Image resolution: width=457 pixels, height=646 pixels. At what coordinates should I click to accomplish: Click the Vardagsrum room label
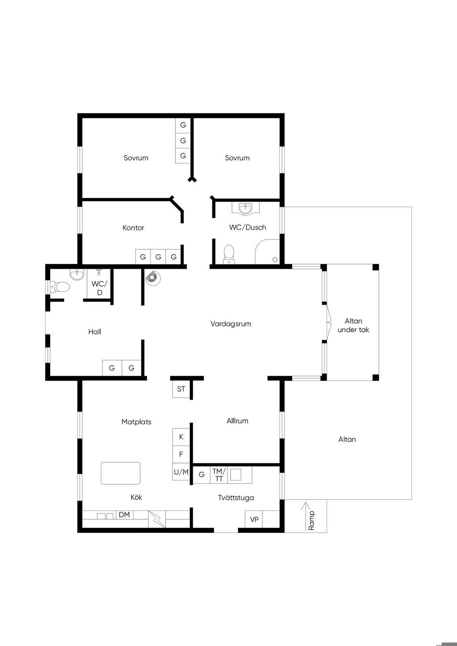tap(231, 324)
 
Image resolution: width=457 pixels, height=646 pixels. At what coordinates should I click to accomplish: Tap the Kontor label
tap(133, 228)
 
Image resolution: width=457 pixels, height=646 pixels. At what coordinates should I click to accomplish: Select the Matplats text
tap(136, 422)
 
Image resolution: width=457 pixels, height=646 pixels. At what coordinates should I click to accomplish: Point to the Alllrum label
tap(237, 421)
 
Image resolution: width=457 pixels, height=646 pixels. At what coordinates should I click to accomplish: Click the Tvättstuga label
tap(236, 497)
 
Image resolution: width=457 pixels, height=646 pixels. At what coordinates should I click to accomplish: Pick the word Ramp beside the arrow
tap(311, 520)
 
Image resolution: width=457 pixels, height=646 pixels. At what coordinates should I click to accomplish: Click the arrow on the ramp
tap(306, 516)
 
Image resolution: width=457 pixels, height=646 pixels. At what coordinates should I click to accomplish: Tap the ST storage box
tap(181, 389)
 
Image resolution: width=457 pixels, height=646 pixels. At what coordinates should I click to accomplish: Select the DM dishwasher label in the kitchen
tap(124, 514)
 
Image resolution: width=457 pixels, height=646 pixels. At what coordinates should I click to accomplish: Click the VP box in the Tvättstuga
tap(253, 519)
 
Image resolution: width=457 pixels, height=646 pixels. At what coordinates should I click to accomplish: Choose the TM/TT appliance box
tap(219, 475)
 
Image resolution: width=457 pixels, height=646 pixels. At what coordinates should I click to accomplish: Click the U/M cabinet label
tap(181, 472)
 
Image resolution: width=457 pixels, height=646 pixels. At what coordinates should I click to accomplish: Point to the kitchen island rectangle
tap(120, 473)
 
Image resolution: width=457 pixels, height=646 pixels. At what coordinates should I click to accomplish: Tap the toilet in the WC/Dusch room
tap(229, 254)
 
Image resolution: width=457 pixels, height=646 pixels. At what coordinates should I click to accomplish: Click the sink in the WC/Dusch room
tap(245, 208)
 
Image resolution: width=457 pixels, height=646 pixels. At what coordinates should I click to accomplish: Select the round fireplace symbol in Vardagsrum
tap(152, 278)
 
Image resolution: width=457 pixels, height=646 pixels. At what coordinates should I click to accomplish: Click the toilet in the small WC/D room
tap(60, 287)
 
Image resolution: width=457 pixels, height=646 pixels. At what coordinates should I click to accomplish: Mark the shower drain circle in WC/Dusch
tap(275, 260)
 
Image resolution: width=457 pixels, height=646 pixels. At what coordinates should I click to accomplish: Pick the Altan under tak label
tap(353, 325)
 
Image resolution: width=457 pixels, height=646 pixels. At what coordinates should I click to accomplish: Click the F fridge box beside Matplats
tap(181, 455)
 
